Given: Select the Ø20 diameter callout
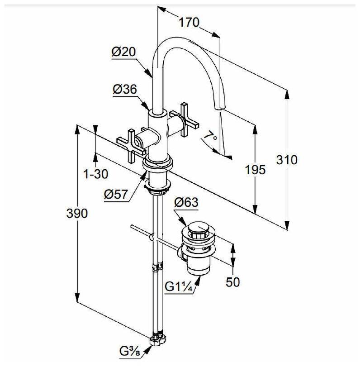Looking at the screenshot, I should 123,52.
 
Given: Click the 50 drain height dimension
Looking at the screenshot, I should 232,282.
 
